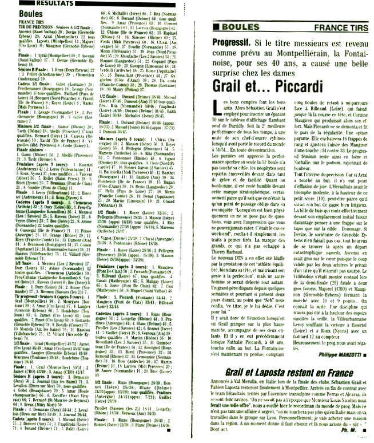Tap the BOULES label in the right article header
[236, 27]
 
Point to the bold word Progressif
[234, 42]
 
